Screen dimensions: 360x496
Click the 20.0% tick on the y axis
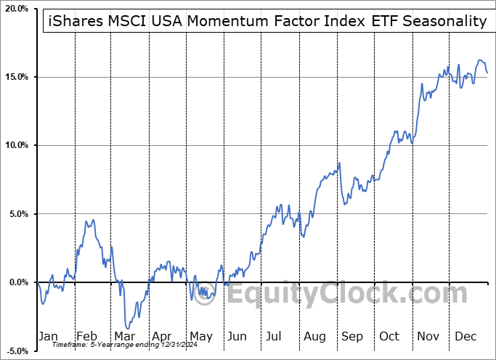16,9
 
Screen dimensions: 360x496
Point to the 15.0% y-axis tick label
16,77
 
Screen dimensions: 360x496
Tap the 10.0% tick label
16,145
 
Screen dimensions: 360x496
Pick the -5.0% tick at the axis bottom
16,351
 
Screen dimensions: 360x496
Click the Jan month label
48,337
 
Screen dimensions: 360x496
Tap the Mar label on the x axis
124,337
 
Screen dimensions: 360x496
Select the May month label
200,337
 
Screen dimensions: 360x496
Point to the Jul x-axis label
275,337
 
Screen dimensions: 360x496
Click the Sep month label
352,337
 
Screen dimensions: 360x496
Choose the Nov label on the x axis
428,337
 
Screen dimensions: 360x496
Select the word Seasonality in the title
444,21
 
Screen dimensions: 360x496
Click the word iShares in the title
72,21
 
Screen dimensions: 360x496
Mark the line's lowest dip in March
127,328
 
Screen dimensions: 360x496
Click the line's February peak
92,220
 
